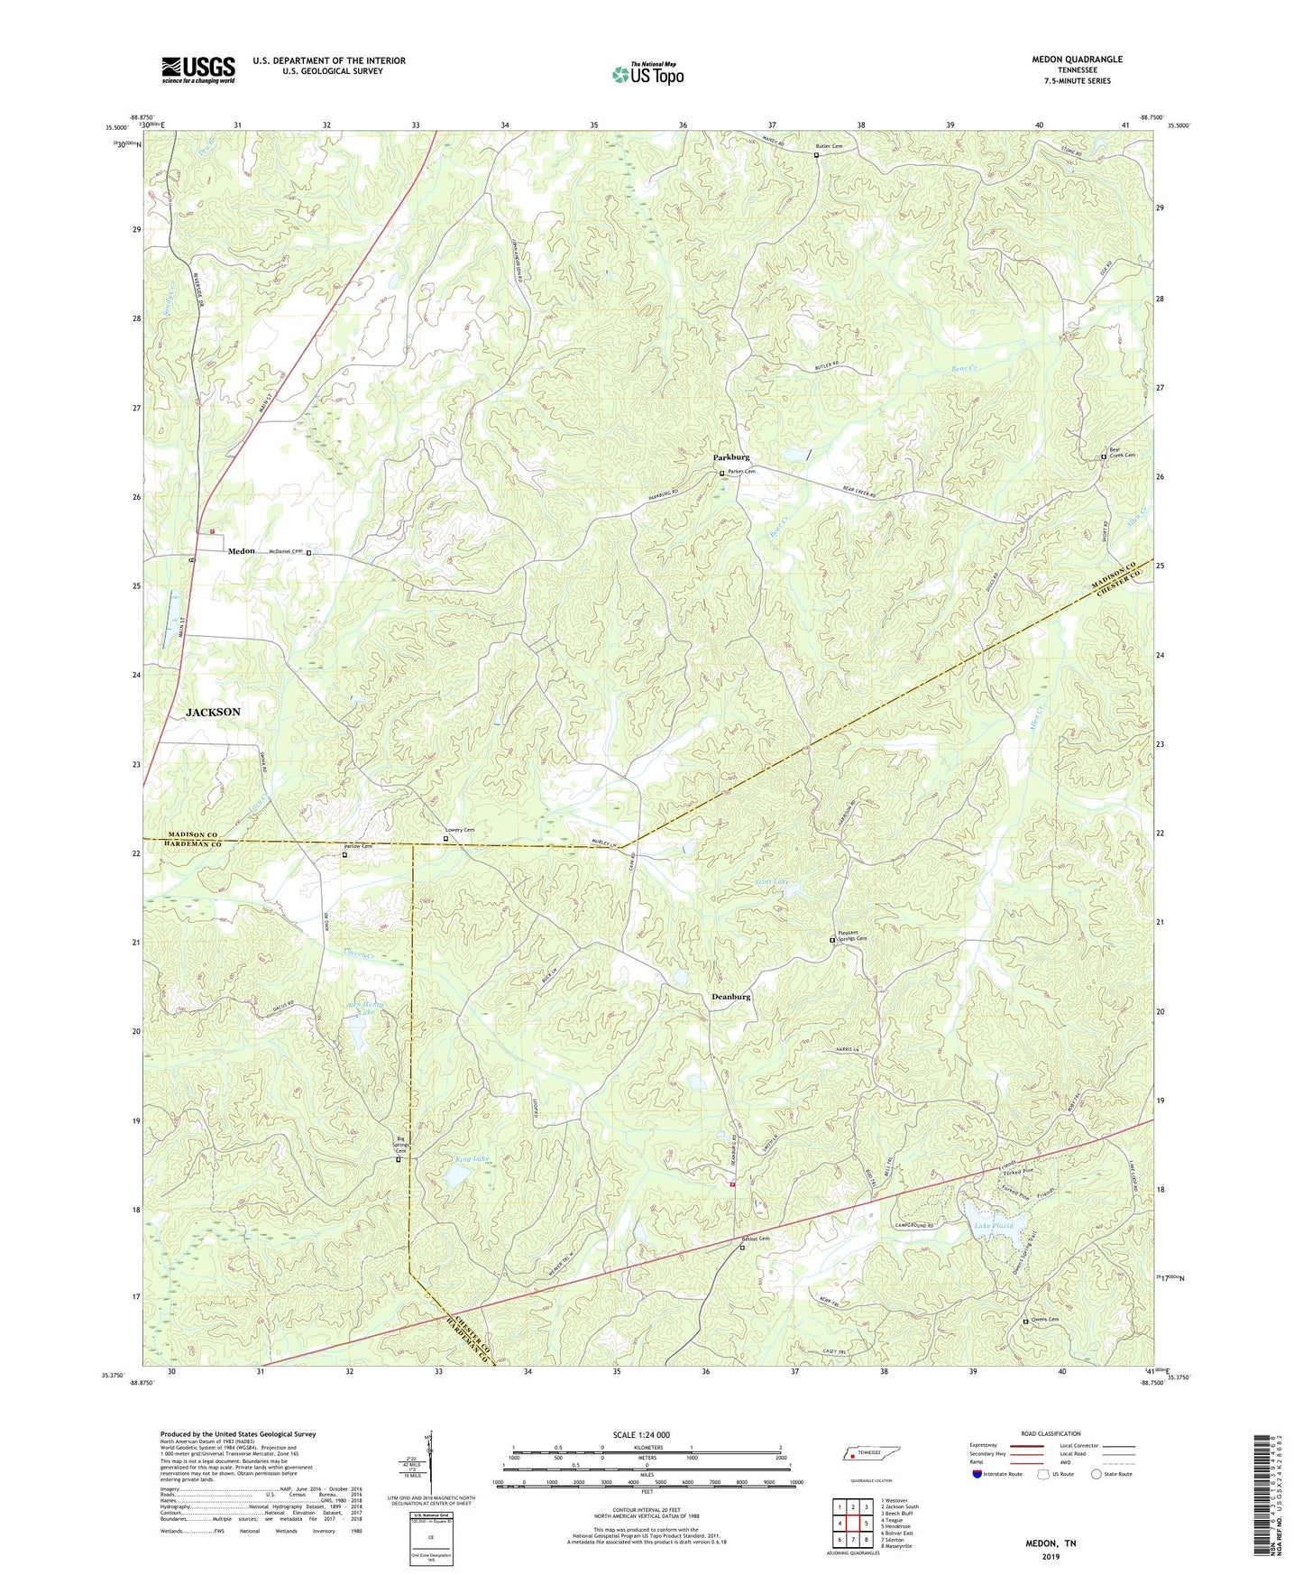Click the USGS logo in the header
click(x=198, y=69)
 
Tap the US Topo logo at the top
click(x=647, y=74)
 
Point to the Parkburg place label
click(x=731, y=457)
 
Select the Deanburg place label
click(x=730, y=997)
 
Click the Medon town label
click(x=241, y=551)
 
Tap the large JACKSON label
click(x=213, y=712)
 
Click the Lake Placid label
click(x=993, y=1226)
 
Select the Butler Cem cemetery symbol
click(x=817, y=155)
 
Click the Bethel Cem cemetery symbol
click(x=742, y=1248)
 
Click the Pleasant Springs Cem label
click(x=852, y=936)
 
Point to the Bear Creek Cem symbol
click(x=1104, y=457)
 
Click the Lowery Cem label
click(x=460, y=830)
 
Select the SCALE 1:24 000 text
click(x=641, y=1435)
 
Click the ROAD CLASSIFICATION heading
click(x=1051, y=1433)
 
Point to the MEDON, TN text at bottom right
click(x=1051, y=1543)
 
